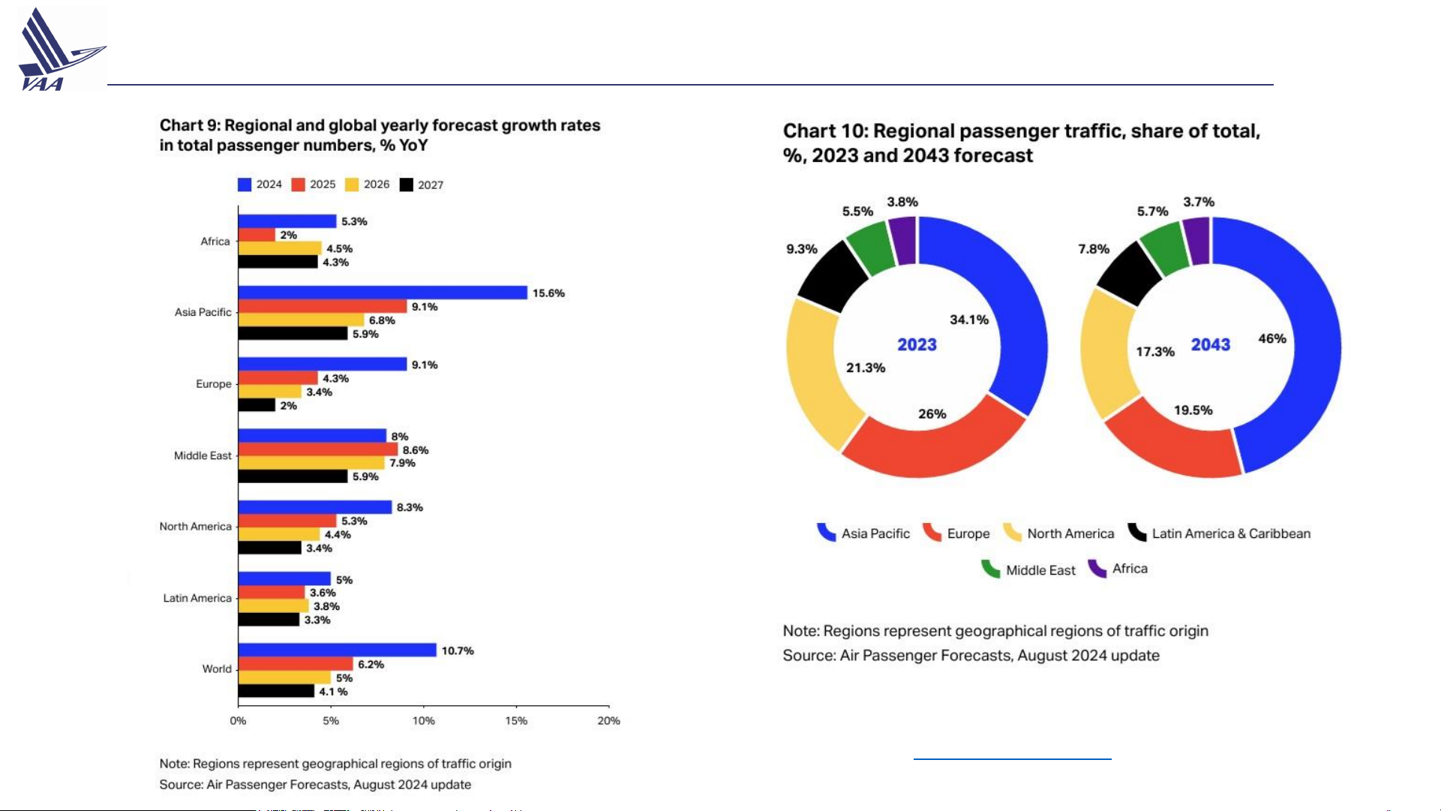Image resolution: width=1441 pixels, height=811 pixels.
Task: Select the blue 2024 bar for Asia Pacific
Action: [x=383, y=293]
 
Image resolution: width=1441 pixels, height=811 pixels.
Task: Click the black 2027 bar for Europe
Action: [x=257, y=405]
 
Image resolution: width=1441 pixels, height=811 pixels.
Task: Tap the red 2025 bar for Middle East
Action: [x=318, y=449]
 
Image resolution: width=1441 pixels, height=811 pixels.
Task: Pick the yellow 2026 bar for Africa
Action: [x=280, y=248]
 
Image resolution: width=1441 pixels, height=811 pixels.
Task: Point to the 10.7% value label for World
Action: [x=458, y=650]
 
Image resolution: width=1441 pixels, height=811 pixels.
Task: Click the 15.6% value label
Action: [x=548, y=293]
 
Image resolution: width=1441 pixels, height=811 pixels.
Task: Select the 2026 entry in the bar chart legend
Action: [x=368, y=185]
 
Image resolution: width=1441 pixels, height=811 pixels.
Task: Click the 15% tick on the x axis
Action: [x=516, y=721]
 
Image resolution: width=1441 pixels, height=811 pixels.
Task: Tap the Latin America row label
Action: [x=197, y=598]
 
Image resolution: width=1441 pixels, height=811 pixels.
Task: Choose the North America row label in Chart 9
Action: [x=195, y=527]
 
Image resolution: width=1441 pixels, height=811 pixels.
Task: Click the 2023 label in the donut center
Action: [x=917, y=345]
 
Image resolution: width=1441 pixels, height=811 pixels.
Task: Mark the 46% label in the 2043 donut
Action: [x=1272, y=339]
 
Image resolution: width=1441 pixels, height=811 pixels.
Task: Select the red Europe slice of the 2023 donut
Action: [x=930, y=446]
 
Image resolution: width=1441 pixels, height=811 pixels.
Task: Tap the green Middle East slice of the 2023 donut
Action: [x=870, y=246]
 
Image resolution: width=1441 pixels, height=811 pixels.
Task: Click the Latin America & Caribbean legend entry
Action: [x=1220, y=533]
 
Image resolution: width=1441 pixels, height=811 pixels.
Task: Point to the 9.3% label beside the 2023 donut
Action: [x=801, y=249]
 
